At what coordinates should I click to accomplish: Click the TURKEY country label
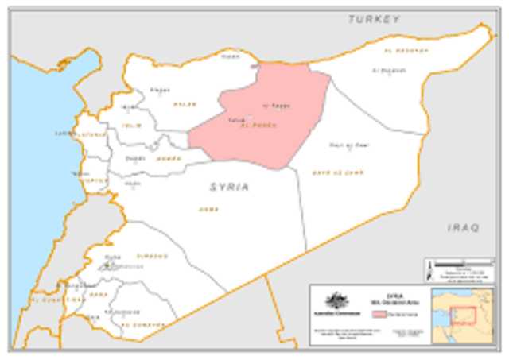tap(373, 18)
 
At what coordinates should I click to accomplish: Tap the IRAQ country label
tap(464, 228)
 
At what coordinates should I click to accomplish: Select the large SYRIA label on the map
tap(229, 187)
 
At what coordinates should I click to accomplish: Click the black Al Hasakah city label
tap(388, 70)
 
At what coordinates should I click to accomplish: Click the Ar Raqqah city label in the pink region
tap(275, 106)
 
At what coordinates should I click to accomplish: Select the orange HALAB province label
tap(185, 103)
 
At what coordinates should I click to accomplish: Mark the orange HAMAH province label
tap(169, 158)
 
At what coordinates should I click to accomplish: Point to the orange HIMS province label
tap(208, 209)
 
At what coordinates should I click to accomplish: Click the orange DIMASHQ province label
tap(152, 256)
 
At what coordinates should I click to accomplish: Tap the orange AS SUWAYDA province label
tap(142, 324)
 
